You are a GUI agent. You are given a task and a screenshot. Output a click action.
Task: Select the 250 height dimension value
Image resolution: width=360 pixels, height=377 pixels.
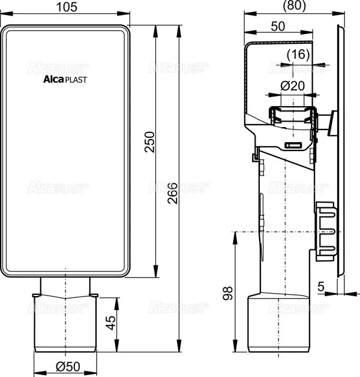coord(151,142)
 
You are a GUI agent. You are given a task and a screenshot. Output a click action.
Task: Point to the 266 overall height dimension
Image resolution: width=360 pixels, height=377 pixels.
coord(174,191)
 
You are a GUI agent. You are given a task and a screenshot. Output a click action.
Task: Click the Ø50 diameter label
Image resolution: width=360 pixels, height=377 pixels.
coord(66,366)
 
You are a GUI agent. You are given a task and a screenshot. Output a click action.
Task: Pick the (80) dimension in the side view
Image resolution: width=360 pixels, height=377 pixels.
coord(293,5)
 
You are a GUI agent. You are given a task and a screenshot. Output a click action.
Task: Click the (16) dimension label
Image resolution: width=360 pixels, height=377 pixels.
coord(298,55)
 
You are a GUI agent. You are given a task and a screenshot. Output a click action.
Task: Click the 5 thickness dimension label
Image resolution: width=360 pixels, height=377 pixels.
coord(321,288)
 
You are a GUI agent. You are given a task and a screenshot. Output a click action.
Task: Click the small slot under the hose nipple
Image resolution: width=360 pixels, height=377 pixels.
coord(294,146)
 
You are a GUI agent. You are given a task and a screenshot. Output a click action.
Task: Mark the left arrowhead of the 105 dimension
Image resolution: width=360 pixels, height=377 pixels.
coord(4,12)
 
